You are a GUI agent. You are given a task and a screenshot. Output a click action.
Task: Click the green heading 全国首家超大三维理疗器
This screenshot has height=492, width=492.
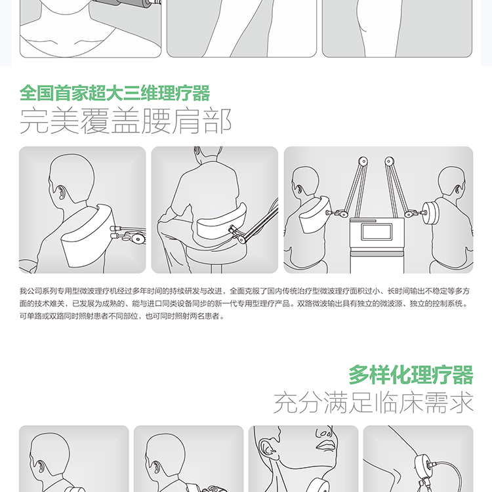click(115, 93)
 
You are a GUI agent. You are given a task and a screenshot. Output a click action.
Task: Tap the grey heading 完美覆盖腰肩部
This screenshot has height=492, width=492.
click(125, 121)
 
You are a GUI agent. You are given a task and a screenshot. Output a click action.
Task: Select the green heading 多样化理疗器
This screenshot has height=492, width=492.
click(411, 375)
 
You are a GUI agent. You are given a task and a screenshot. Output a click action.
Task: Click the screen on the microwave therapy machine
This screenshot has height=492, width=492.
click(377, 232)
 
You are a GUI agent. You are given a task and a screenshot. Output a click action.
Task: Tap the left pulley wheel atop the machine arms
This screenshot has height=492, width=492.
click(363, 161)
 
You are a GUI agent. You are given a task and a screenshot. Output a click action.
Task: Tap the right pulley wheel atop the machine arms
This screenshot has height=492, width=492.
click(389, 161)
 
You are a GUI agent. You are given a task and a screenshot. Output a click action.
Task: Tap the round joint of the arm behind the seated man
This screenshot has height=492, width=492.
click(241, 239)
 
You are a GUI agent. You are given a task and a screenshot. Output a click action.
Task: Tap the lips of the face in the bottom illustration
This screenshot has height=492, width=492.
click(325, 445)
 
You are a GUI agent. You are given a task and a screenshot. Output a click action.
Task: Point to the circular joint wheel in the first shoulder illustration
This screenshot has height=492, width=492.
click(138, 239)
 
